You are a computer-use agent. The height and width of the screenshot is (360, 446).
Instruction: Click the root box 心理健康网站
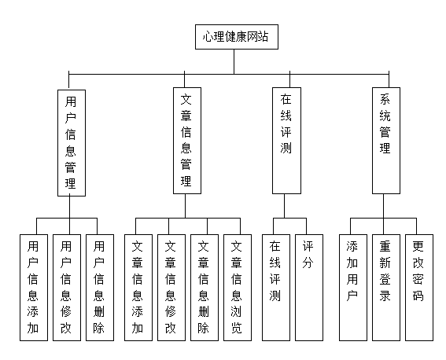[x=237, y=37]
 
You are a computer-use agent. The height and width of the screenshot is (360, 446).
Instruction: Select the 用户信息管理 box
[x=72, y=143]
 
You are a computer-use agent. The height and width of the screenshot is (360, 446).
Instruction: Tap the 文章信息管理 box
[x=187, y=141]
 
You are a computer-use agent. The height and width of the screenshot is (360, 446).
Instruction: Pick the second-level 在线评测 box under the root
[x=286, y=141]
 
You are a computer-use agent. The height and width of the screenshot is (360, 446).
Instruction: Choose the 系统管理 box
[x=386, y=141]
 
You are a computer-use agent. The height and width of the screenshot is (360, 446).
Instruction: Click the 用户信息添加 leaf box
[x=34, y=288]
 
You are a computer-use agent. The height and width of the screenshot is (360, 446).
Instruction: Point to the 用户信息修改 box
[x=67, y=288]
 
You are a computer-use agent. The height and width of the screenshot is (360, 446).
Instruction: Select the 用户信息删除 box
[x=100, y=288]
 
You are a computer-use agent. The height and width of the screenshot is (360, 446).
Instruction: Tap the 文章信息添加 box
[x=138, y=288]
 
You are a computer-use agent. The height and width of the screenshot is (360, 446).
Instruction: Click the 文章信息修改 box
[x=171, y=288]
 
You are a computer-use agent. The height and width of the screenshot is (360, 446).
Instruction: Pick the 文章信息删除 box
[x=205, y=288]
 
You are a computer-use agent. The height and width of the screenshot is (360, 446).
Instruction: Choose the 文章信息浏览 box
[x=238, y=288]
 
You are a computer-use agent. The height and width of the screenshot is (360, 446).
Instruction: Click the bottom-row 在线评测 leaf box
[x=276, y=288]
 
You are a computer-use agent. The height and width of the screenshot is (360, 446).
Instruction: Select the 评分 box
[x=309, y=288]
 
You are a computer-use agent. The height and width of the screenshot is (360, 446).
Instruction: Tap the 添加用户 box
[x=353, y=288]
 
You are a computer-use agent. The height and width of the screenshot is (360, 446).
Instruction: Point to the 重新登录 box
[x=386, y=288]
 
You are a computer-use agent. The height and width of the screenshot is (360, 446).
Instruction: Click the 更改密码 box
[x=419, y=288]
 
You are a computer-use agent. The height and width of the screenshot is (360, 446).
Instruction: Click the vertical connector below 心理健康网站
[x=234, y=61]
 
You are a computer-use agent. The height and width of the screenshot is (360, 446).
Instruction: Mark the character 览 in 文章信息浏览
[x=237, y=328]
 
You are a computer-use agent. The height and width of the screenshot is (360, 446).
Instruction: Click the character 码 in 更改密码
[x=418, y=296]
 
